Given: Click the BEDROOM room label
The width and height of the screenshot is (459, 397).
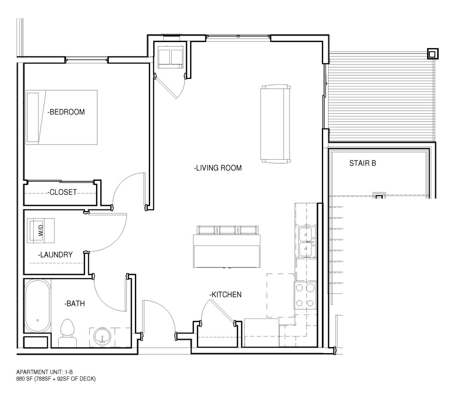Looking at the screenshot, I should [66, 112].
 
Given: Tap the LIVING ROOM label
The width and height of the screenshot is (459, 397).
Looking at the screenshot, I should [218, 168].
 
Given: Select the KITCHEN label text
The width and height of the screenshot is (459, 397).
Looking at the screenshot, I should [225, 295].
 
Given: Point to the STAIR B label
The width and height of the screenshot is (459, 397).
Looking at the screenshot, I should [362, 163].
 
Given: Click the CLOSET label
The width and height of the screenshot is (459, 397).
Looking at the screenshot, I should [62, 192].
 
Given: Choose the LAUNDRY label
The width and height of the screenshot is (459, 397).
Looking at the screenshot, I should [55, 255].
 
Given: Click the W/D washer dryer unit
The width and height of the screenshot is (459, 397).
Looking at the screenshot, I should [41, 231].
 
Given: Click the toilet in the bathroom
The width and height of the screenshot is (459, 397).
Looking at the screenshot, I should [67, 332].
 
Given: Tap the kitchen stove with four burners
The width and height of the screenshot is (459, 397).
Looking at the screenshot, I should [305, 296].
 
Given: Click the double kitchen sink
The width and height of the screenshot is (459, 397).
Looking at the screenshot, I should [306, 241].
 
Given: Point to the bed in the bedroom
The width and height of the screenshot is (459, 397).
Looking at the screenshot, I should [61, 117].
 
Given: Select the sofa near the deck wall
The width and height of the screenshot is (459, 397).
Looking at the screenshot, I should [275, 123].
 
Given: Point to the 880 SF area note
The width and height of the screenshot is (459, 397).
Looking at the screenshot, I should [56, 379].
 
